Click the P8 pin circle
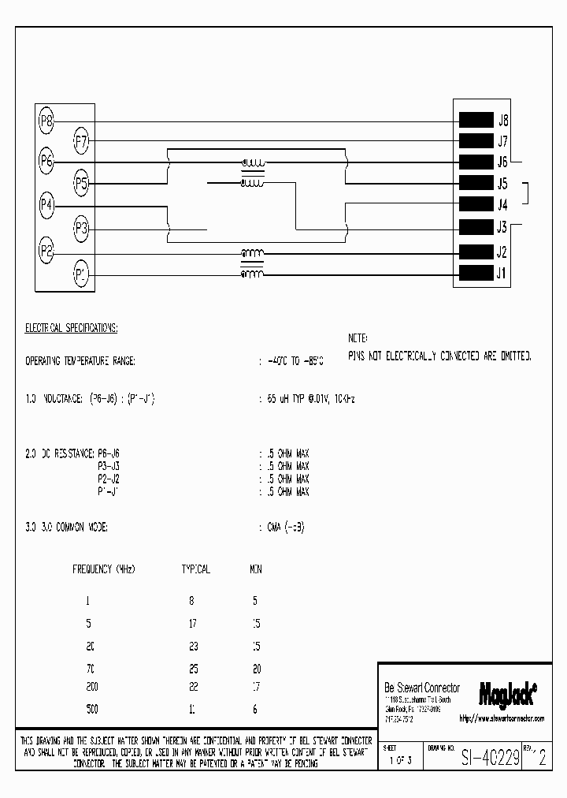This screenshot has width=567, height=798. point(46,121)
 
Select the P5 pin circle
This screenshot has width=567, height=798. point(81,185)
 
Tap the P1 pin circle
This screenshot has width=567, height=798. point(81,274)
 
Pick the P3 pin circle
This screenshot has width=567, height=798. point(81,229)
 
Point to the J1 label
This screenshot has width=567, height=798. point(502,274)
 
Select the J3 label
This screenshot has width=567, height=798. point(502,228)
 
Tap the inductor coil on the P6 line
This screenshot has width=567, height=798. point(253,164)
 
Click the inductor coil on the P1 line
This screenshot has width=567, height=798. point(252,274)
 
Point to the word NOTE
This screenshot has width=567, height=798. point(358,337)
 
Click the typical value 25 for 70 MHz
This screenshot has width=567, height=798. point(193,668)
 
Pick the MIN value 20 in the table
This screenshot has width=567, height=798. point(256,668)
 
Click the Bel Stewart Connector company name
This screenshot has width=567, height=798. point(422,688)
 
